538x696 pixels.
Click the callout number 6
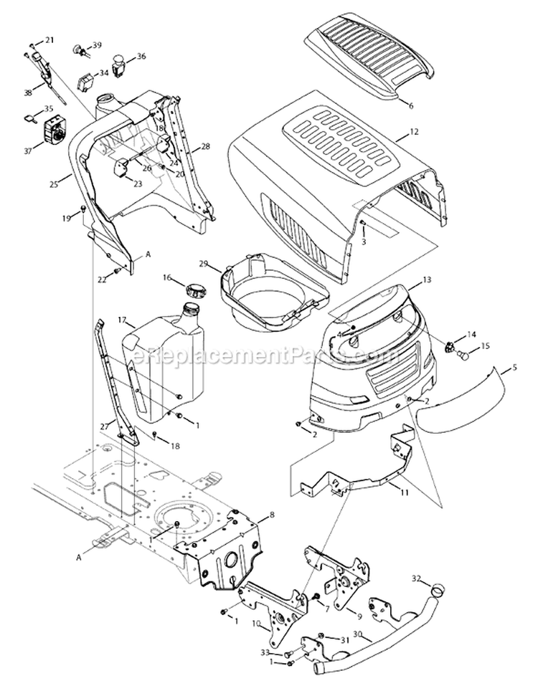click(x=411, y=105)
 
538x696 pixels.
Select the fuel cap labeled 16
click(x=194, y=290)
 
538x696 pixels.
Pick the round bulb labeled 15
click(x=463, y=354)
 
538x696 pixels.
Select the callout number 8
click(x=271, y=515)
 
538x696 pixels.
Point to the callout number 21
click(x=49, y=40)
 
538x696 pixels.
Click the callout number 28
click(x=206, y=146)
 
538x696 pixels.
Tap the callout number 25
click(x=53, y=184)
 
